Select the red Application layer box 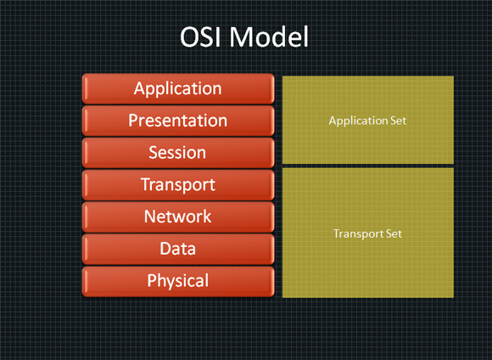177,88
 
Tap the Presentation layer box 177,121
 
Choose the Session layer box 177,153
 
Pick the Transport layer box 177,185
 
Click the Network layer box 177,217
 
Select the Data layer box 177,249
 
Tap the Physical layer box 177,281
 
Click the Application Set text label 367,121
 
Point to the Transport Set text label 367,233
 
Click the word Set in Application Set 398,121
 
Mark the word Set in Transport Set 393,233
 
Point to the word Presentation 177,121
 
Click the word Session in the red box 177,153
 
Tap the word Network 177,217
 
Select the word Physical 177,281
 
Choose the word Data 177,249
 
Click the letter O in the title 192,38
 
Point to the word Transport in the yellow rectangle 357,233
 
